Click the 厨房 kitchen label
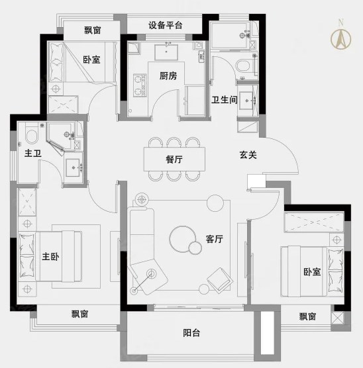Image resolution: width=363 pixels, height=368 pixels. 168,76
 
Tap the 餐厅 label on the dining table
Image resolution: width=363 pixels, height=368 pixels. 174,160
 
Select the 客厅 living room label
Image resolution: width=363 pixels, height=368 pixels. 214,239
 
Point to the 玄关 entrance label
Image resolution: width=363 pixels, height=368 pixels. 248,155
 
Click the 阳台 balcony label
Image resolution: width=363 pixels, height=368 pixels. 191,333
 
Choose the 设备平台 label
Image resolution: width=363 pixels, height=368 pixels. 166,25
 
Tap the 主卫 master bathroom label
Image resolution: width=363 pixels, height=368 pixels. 33,154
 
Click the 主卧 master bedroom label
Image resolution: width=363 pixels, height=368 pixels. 50,257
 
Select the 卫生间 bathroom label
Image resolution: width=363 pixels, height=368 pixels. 225,100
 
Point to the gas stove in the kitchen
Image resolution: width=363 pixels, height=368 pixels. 140,85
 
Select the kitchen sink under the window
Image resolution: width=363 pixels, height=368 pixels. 166,52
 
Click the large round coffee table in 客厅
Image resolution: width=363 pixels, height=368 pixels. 183,239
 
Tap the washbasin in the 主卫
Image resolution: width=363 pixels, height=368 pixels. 73,167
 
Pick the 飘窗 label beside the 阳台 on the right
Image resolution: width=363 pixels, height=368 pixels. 307,316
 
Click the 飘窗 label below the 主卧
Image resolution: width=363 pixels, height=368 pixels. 80,314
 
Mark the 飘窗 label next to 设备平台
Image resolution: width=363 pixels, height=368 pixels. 93,30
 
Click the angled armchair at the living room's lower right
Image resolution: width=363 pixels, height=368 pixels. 220,281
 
